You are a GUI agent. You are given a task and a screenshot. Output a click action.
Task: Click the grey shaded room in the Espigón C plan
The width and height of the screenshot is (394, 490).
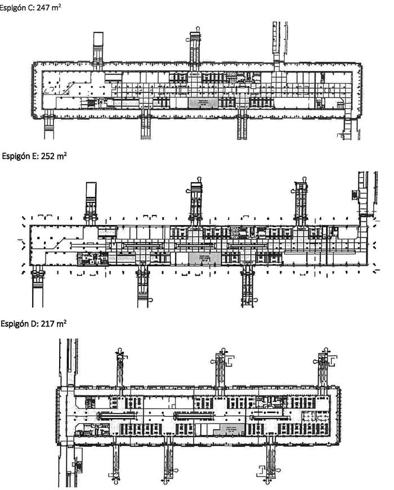pyautogui.click(x=203, y=102)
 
